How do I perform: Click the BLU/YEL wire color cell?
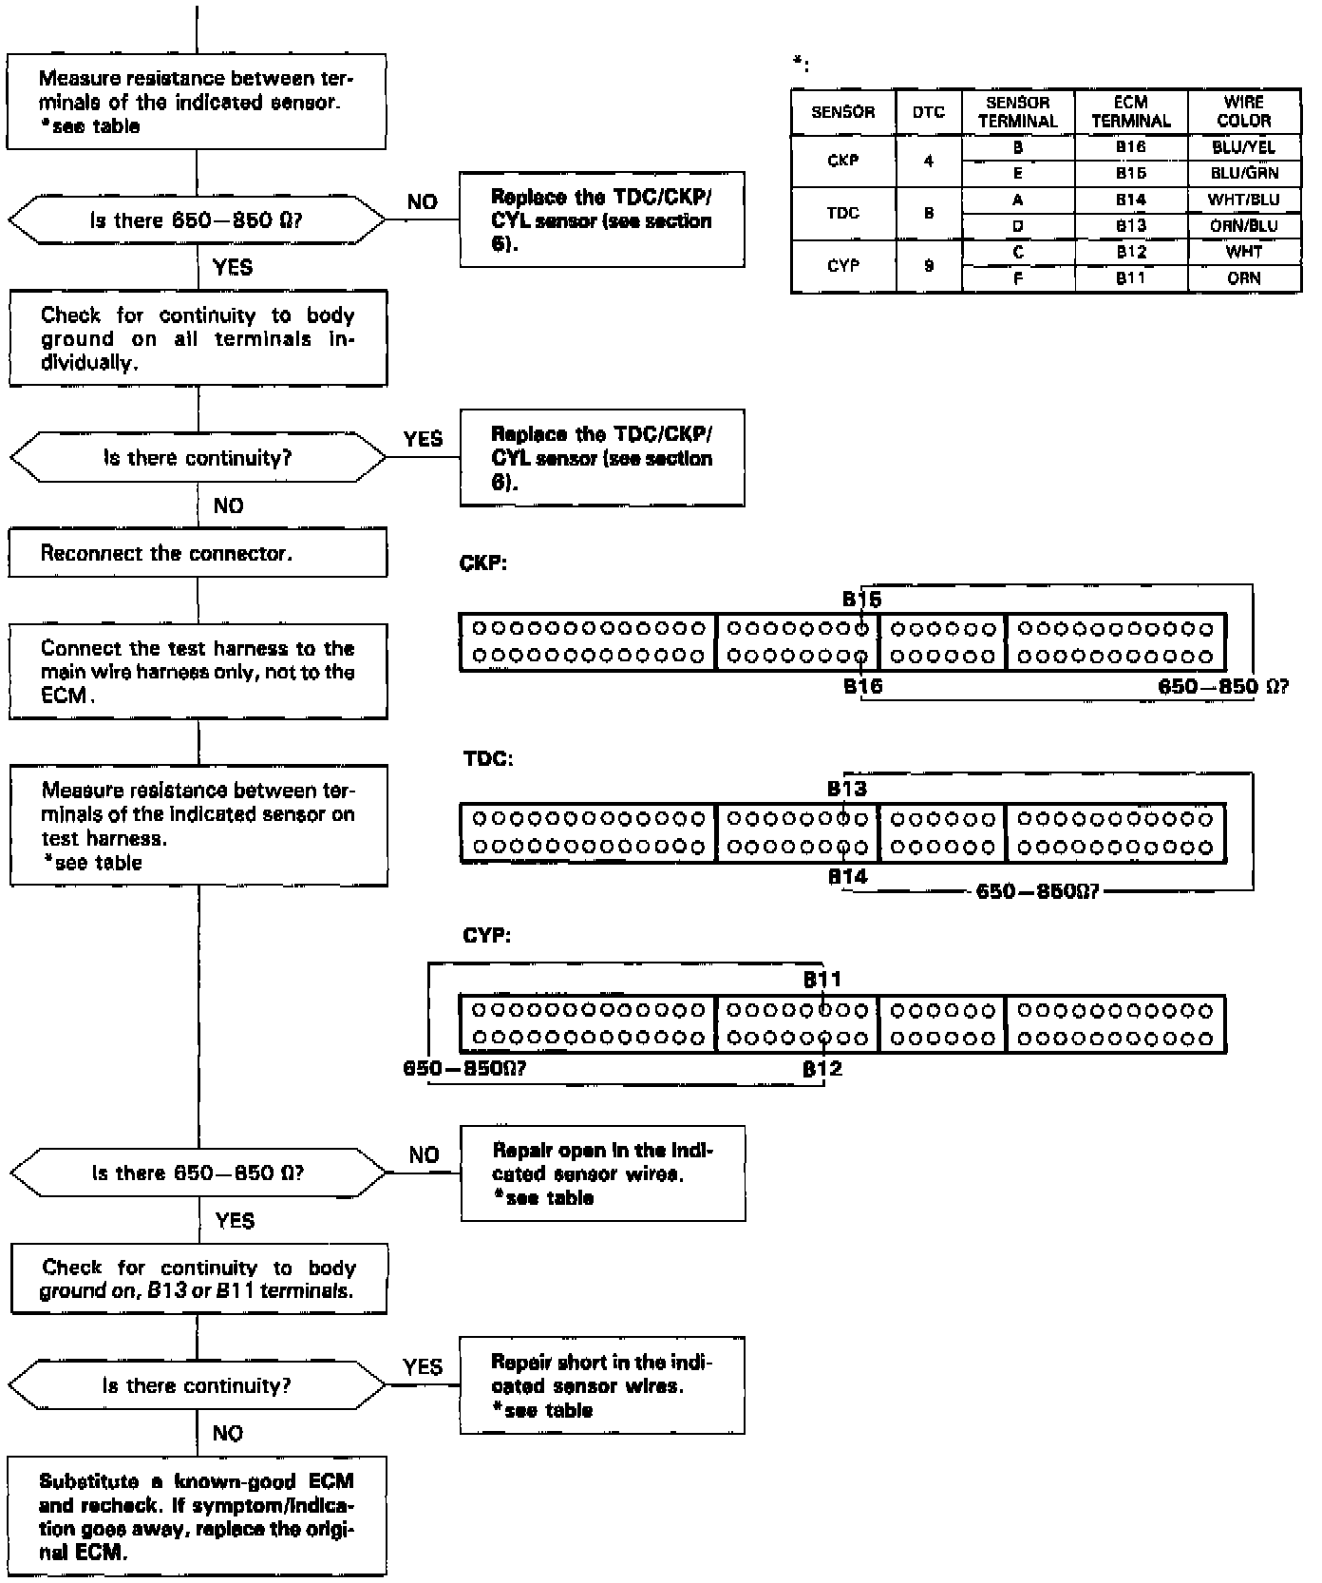pyautogui.click(x=1243, y=147)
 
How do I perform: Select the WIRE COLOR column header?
pyautogui.click(x=1243, y=111)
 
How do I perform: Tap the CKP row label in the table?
pyautogui.click(x=842, y=161)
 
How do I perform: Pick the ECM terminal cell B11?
pyautogui.click(x=1130, y=278)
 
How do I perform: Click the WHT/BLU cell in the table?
pyautogui.click(x=1243, y=200)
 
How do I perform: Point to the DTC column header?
pyautogui.click(x=928, y=112)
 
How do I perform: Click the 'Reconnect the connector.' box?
pyautogui.click(x=198, y=553)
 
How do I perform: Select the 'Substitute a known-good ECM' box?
pyautogui.click(x=198, y=1516)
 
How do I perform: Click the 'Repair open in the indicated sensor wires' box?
pyautogui.click(x=602, y=1173)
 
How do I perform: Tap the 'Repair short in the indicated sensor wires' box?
pyautogui.click(x=602, y=1385)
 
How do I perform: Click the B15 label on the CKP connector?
pyautogui.click(x=861, y=600)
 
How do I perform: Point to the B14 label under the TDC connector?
pyautogui.click(x=847, y=877)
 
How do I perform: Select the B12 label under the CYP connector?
pyautogui.click(x=822, y=1068)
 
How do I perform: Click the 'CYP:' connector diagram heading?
pyautogui.click(x=486, y=935)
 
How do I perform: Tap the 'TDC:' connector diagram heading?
pyautogui.click(x=488, y=759)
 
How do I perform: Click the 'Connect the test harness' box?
pyautogui.click(x=198, y=672)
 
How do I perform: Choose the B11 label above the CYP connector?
pyautogui.click(x=822, y=980)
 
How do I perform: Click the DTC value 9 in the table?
pyautogui.click(x=928, y=266)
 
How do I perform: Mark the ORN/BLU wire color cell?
pyautogui.click(x=1243, y=226)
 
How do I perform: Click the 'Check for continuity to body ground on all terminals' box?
pyautogui.click(x=198, y=338)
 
